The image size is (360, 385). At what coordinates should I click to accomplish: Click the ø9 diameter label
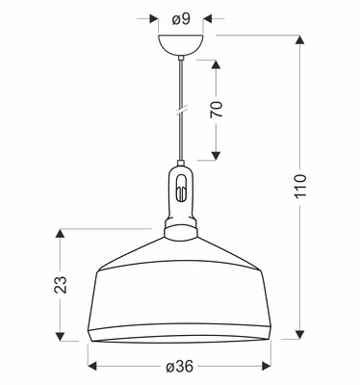click(x=181, y=19)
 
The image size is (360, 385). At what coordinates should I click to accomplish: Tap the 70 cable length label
click(x=217, y=110)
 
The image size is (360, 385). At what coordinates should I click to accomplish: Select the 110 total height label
click(x=300, y=186)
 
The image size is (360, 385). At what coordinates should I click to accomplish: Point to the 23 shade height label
click(x=61, y=284)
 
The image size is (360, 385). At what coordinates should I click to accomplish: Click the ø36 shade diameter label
click(x=180, y=366)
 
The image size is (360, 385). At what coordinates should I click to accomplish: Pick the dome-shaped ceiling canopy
click(x=181, y=45)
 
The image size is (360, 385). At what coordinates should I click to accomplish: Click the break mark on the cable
click(x=181, y=110)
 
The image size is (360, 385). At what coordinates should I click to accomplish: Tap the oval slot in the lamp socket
click(x=181, y=188)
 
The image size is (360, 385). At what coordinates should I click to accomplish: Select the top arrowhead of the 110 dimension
click(x=300, y=40)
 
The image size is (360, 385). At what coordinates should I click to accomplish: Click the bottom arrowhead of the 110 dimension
click(x=300, y=334)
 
